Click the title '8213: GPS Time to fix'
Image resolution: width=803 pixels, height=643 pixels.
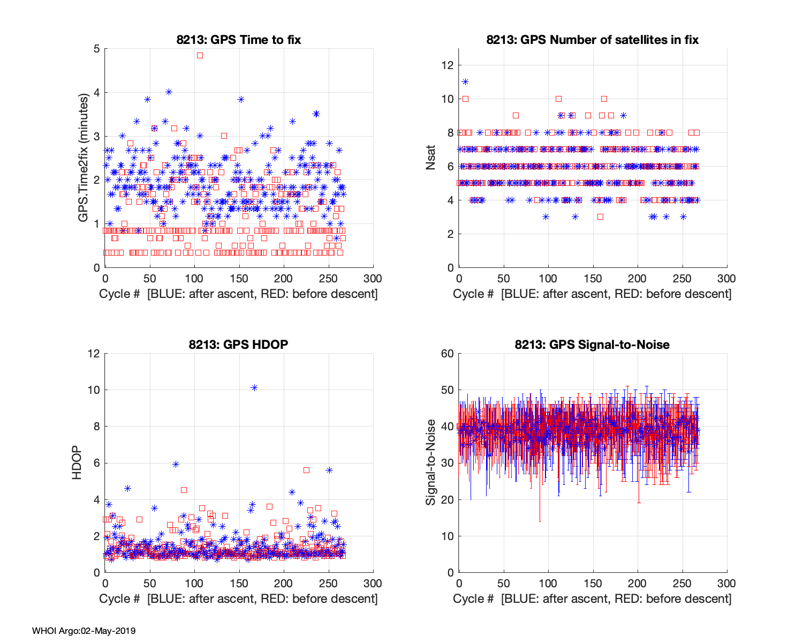click(239, 40)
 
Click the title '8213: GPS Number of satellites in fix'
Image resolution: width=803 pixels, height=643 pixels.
click(592, 40)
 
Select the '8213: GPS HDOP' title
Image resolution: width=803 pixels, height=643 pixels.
click(238, 345)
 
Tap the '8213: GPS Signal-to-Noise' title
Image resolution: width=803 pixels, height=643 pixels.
click(592, 345)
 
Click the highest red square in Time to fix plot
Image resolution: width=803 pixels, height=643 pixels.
click(200, 55)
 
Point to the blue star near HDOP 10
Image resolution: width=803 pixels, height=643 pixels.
click(254, 387)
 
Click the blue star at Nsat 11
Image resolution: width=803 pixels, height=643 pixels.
click(465, 81)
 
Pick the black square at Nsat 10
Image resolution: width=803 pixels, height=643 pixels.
click(604, 99)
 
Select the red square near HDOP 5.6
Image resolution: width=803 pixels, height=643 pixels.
click(306, 470)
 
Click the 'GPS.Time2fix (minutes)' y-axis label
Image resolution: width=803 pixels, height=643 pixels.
click(83, 158)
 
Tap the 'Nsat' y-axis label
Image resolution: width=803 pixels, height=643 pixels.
click(430, 158)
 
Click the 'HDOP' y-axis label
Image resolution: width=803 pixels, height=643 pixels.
click(77, 462)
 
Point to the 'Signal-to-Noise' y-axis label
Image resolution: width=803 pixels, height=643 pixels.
click(430, 462)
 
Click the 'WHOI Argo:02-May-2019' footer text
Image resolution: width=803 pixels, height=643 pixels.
click(84, 631)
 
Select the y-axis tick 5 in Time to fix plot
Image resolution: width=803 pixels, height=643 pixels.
click(96, 49)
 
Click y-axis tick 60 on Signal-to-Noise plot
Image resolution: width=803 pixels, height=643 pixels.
click(447, 354)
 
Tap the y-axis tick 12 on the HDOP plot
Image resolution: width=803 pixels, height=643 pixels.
click(94, 354)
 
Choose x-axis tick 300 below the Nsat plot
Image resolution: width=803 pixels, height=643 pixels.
click(726, 278)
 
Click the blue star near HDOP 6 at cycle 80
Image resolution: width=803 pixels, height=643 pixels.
click(176, 464)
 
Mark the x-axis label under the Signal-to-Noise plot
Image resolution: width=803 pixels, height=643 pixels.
click(592, 599)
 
